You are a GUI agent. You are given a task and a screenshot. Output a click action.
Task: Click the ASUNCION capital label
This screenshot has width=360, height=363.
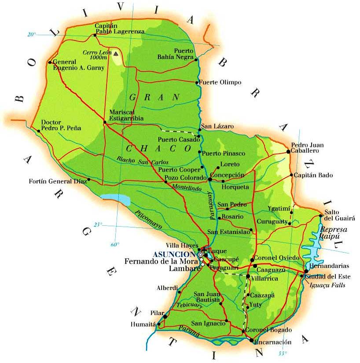(x=174, y=254)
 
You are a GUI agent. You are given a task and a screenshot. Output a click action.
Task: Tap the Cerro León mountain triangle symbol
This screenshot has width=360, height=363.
(x=116, y=54)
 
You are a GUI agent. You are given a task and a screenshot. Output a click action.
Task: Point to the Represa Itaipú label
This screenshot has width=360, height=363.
(x=334, y=233)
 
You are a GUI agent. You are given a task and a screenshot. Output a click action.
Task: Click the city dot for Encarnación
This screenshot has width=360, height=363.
(x=251, y=340)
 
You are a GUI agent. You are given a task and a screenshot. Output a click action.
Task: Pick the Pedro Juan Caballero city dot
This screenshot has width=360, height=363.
(x=288, y=151)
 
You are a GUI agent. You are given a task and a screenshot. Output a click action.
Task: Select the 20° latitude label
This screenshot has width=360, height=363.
(x=31, y=34)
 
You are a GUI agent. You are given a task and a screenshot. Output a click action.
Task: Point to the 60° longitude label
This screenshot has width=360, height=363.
(x=115, y=244)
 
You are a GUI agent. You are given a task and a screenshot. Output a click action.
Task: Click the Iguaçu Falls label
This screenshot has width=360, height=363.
(x=328, y=285)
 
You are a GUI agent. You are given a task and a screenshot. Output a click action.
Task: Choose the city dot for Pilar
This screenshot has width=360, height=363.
(x=165, y=316)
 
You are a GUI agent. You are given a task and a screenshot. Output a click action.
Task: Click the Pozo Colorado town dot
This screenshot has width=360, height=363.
(x=166, y=182)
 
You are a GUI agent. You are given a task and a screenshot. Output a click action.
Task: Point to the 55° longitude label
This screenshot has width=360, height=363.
(x=282, y=353)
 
